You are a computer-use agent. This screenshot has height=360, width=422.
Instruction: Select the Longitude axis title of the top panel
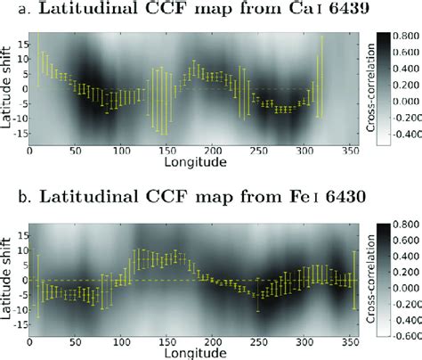(165, 163)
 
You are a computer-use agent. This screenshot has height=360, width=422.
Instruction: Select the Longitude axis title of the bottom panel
(165, 348)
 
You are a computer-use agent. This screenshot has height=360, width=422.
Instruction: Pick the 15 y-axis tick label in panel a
(21, 42)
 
